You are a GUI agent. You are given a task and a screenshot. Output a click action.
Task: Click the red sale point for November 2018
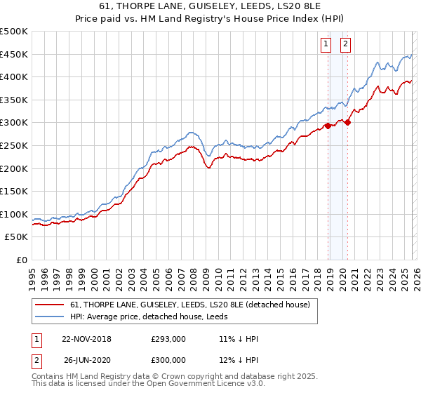[x=328, y=126]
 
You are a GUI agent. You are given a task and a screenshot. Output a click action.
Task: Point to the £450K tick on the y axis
[x=14, y=54]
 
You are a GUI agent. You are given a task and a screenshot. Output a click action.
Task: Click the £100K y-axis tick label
[x=14, y=214]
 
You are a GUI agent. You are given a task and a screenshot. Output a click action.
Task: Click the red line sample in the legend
[x=51, y=305]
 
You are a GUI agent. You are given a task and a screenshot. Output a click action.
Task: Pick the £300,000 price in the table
[x=168, y=359]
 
